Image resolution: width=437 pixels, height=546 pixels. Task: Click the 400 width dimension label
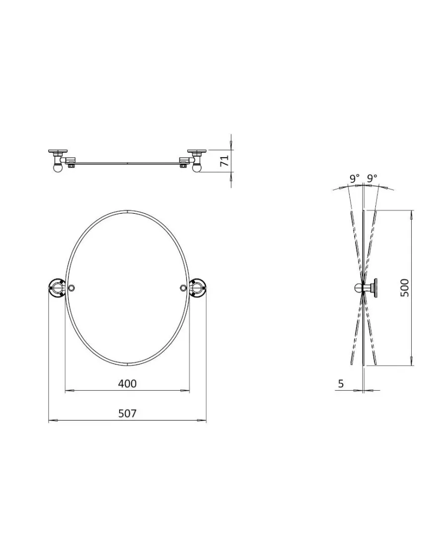pos(127,383)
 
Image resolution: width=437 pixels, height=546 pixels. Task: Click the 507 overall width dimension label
pos(127,413)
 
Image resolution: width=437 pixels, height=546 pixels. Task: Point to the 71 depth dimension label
pos(225,160)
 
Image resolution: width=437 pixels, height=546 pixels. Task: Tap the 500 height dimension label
pos(404,288)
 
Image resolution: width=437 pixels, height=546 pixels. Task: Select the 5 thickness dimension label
pos(341,384)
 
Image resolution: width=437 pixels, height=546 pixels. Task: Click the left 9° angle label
pos(355,179)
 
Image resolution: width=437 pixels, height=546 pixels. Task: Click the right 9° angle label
pos(372,179)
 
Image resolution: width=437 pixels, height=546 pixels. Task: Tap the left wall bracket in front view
pos(57,288)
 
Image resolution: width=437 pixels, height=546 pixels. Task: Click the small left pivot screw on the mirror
pos(72,288)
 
